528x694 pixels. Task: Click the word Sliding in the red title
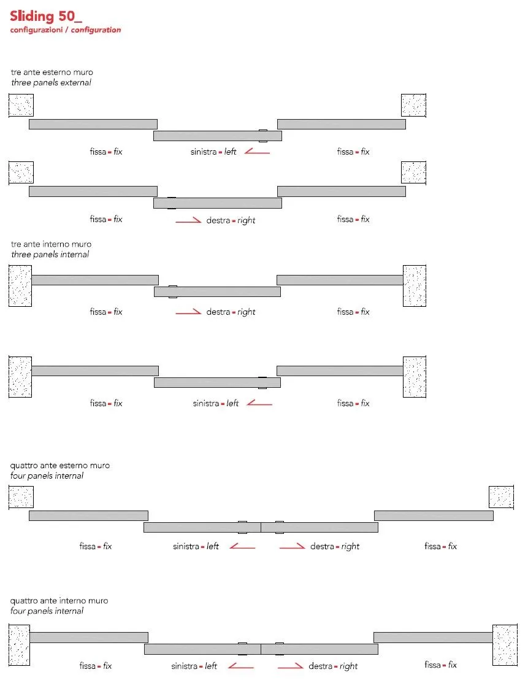[x=31, y=17]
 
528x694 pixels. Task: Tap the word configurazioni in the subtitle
[x=36, y=29]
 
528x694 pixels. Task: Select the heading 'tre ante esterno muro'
[x=52, y=72]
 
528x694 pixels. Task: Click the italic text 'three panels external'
[x=51, y=82]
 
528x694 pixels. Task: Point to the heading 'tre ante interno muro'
[x=51, y=244]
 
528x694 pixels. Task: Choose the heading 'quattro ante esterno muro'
[x=59, y=465]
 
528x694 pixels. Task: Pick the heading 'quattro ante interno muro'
[x=59, y=601]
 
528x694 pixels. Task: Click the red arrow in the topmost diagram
[x=257, y=152]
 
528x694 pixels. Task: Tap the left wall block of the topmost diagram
[x=21, y=106]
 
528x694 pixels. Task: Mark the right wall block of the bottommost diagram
[x=505, y=645]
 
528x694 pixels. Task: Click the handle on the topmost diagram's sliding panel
[x=263, y=136]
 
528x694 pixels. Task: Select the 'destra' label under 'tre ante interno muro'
[x=218, y=312]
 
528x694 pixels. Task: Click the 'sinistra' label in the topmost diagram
[x=204, y=152]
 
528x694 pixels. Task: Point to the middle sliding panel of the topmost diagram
[x=218, y=136]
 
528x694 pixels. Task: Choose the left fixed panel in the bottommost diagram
[x=89, y=638]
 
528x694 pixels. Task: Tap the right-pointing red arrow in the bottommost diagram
[x=290, y=666]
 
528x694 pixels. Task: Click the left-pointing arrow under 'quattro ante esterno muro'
[x=242, y=546]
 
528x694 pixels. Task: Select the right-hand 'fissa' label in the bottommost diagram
[x=432, y=665]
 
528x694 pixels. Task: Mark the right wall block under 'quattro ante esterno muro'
[x=501, y=497]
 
